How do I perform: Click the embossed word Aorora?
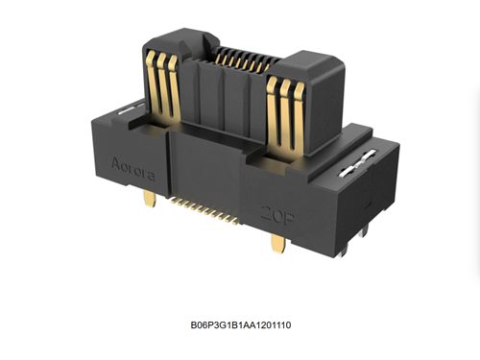pyautogui.click(x=133, y=169)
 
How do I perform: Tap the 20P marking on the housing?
pyautogui.click(x=277, y=214)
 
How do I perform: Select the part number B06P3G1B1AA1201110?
pyautogui.click(x=241, y=325)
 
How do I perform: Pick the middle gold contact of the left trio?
pyautogui.click(x=163, y=85)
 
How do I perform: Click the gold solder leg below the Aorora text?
pyautogui.click(x=150, y=198)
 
